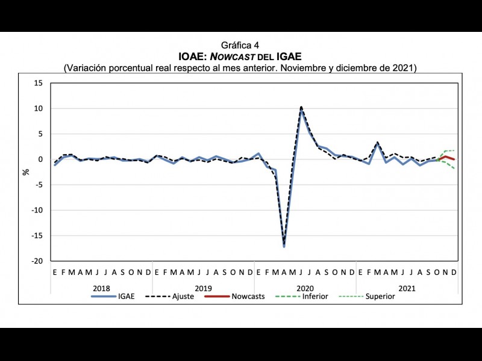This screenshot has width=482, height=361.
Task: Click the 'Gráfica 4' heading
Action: [240, 45]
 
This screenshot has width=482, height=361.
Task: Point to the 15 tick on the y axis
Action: [38, 83]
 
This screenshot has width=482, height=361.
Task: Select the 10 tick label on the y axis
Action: [38, 108]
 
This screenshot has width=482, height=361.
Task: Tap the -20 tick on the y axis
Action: [37, 261]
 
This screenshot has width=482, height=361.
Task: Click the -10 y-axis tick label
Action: [37, 211]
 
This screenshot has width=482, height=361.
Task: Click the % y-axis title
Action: [26, 171]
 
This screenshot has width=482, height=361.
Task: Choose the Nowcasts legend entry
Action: [248, 297]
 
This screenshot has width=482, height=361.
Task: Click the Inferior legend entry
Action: [315, 297]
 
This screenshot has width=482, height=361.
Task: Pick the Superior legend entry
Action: [380, 297]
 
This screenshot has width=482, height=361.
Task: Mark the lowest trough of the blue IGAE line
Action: [284, 246]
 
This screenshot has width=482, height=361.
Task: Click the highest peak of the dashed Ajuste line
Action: [301, 107]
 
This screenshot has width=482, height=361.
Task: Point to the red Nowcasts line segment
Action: [446, 158]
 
